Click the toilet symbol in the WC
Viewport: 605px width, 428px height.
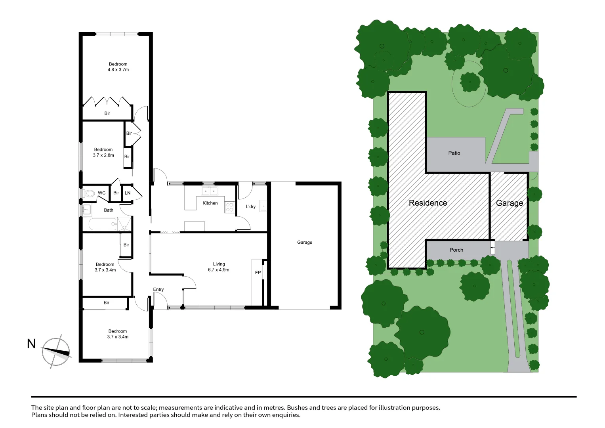(x=90, y=193)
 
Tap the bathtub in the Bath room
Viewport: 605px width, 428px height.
(x=102, y=224)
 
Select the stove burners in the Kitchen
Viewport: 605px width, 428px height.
(x=230, y=207)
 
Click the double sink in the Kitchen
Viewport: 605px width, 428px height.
(x=209, y=191)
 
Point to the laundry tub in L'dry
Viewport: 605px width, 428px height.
(x=263, y=206)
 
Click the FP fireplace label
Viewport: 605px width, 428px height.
(x=258, y=273)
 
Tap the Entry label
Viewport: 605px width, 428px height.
(x=158, y=289)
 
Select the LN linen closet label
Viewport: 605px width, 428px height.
(x=128, y=193)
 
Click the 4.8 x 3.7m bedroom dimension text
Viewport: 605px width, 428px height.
(x=118, y=70)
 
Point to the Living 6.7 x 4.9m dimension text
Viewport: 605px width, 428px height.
(x=219, y=270)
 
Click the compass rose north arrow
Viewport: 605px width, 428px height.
(x=56, y=352)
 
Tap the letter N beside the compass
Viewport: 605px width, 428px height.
(x=31, y=344)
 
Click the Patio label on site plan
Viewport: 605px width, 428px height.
(x=454, y=153)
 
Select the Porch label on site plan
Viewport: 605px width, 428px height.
(x=456, y=250)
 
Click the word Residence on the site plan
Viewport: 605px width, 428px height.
(x=428, y=203)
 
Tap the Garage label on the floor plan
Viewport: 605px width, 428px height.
(x=305, y=242)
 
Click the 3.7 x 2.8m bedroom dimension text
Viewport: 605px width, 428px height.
(x=103, y=155)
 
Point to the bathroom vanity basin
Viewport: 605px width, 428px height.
(x=87, y=210)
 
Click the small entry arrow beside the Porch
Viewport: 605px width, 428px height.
(x=492, y=248)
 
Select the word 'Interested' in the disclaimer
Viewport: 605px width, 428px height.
(x=135, y=415)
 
